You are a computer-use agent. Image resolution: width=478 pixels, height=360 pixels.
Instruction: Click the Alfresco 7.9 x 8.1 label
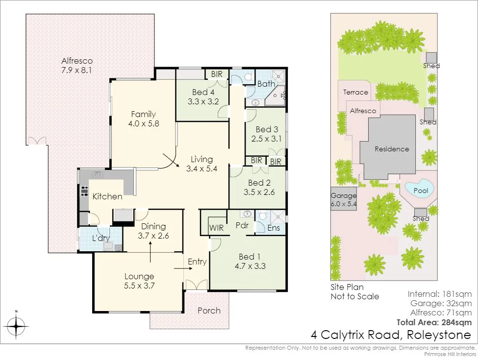[x=77, y=66]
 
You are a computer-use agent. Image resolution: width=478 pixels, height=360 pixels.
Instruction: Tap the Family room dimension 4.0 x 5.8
[x=143, y=123]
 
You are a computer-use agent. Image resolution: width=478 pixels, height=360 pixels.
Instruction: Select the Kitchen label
[x=107, y=196]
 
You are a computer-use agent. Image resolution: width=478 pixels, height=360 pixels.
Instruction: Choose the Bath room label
[x=266, y=84]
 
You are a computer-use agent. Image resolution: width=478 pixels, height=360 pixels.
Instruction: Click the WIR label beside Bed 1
[x=216, y=228]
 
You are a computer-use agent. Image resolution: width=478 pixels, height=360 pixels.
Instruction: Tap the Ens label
[x=274, y=228]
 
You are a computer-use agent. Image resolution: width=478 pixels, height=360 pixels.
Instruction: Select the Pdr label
[x=241, y=226]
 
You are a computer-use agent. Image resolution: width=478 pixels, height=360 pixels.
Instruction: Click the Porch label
[x=208, y=310]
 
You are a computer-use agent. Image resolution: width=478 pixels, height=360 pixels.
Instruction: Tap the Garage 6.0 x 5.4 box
[x=343, y=199]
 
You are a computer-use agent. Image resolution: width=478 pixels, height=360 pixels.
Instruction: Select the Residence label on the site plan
[x=392, y=149]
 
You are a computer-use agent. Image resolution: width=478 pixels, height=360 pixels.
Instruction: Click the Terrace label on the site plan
[x=355, y=92]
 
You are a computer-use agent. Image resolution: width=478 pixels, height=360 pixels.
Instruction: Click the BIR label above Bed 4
[x=217, y=74]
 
